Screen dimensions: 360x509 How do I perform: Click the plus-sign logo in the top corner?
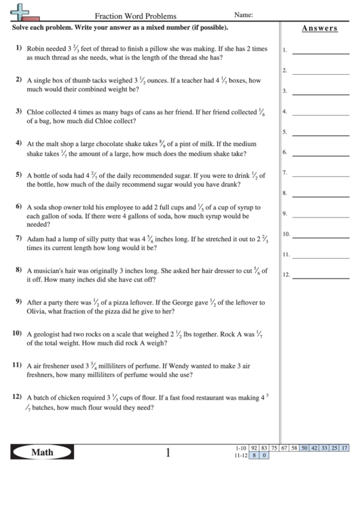pyautogui.click(x=21, y=11)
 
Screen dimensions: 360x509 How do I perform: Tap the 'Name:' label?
pyautogui.click(x=243, y=14)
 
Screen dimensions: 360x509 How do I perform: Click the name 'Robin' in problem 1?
pyautogui.click(x=36, y=50)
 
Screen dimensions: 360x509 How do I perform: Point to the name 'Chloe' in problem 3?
pyautogui.click(x=37, y=111)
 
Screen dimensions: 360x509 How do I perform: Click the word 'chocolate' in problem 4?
pyautogui.click(x=113, y=144)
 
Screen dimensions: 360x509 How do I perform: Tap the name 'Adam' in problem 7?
pyautogui.click(x=35, y=239)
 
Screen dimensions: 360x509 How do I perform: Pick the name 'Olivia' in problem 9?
pyautogui.click(x=37, y=312)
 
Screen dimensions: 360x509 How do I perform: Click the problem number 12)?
pyautogui.click(x=18, y=396)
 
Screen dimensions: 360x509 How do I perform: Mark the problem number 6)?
pyautogui.click(x=18, y=205)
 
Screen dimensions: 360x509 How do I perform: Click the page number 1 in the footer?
pyautogui.click(x=168, y=452)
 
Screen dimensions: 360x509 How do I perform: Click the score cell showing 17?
pyautogui.click(x=345, y=448)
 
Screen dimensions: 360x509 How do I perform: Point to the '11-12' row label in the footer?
pyautogui.click(x=240, y=455)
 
